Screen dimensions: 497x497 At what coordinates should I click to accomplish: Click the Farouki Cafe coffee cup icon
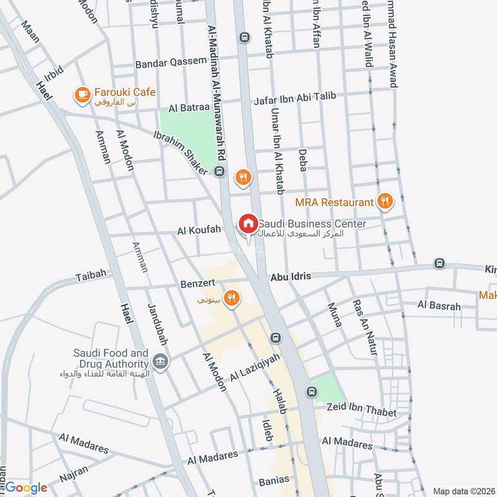[81, 94]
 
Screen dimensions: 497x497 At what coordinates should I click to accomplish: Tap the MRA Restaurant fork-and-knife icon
[385, 201]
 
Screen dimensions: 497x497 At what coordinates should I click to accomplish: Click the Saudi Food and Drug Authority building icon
[160, 362]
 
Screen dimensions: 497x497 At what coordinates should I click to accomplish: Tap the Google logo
[26, 488]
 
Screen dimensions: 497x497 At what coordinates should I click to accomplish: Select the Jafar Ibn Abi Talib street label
[294, 96]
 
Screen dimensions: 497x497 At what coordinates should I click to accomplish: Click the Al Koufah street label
[199, 230]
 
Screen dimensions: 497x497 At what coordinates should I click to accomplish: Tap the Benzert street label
[198, 283]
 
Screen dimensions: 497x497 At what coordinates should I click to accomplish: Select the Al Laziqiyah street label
[255, 368]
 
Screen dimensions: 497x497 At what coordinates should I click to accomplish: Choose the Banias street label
[274, 480]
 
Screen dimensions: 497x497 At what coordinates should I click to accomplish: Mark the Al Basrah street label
[439, 306]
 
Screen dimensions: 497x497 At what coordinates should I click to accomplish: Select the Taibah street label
[91, 273]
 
